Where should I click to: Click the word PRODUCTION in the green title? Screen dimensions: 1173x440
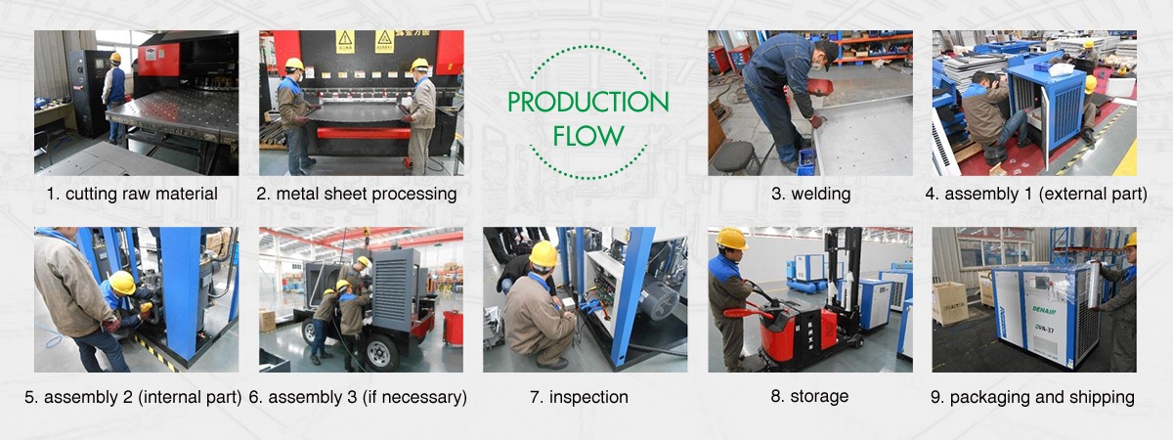tap(588, 102)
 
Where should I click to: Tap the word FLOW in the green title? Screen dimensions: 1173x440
tap(588, 136)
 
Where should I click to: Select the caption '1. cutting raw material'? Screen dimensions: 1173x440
tap(132, 194)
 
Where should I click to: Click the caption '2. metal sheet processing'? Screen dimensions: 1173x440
tap(357, 194)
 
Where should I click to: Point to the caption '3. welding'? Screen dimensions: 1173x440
tap(810, 194)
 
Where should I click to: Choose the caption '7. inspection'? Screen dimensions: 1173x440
tap(579, 397)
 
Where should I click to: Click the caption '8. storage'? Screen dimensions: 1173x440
tap(809, 396)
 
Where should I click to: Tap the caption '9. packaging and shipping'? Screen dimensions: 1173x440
tap(1032, 397)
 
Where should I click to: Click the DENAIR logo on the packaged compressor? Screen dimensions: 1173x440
tap(1044, 310)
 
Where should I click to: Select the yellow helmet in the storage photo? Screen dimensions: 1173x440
tap(731, 239)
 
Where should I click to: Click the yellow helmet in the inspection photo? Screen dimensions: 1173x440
tap(543, 255)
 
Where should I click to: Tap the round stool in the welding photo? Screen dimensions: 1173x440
tap(736, 157)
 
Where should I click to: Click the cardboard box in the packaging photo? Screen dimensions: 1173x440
tap(950, 303)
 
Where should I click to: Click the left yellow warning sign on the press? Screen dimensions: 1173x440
tap(345, 42)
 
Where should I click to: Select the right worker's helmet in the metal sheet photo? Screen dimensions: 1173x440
tap(419, 65)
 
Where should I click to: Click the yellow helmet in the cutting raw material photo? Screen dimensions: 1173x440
tap(115, 57)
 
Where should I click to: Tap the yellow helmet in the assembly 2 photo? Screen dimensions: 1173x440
tap(123, 283)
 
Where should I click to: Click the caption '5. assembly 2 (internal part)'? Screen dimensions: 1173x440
tap(133, 397)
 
